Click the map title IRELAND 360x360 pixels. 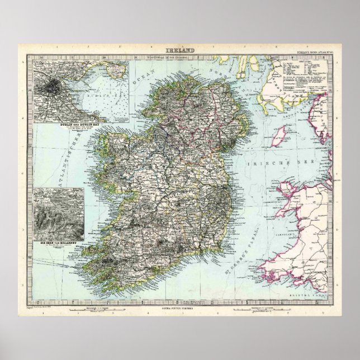(180, 51)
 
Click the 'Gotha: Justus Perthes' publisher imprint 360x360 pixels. (180, 307)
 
